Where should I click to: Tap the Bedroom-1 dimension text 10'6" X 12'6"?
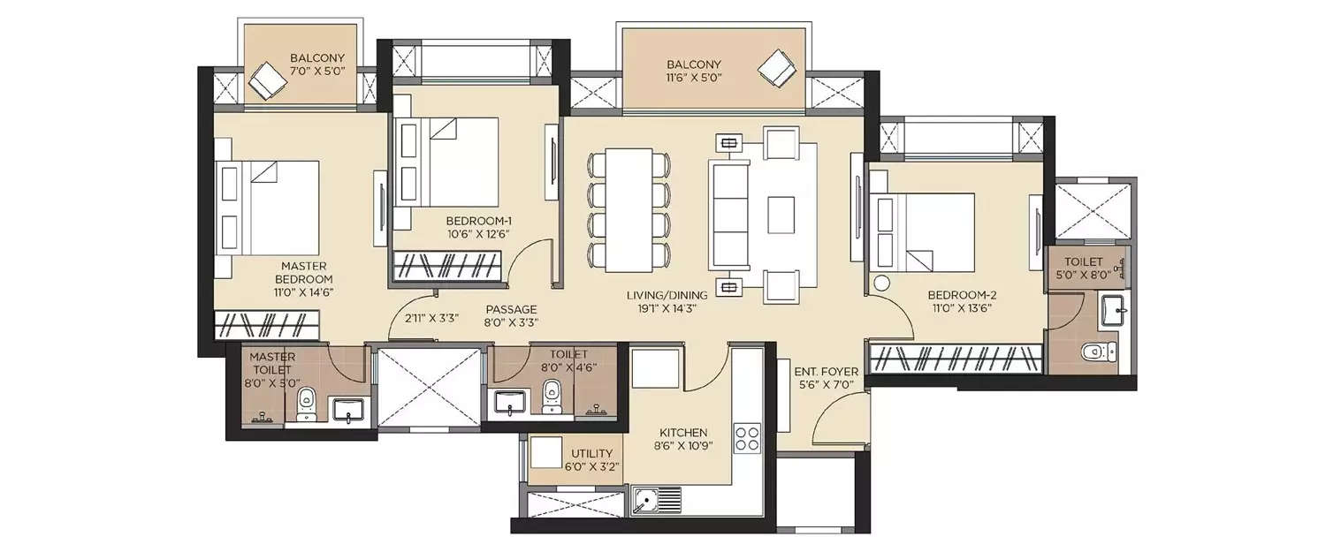(478, 234)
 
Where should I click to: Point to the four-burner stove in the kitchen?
(748, 438)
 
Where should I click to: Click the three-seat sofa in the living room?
(728, 216)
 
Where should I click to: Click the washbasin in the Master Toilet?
(346, 410)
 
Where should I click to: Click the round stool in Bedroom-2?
(882, 284)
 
